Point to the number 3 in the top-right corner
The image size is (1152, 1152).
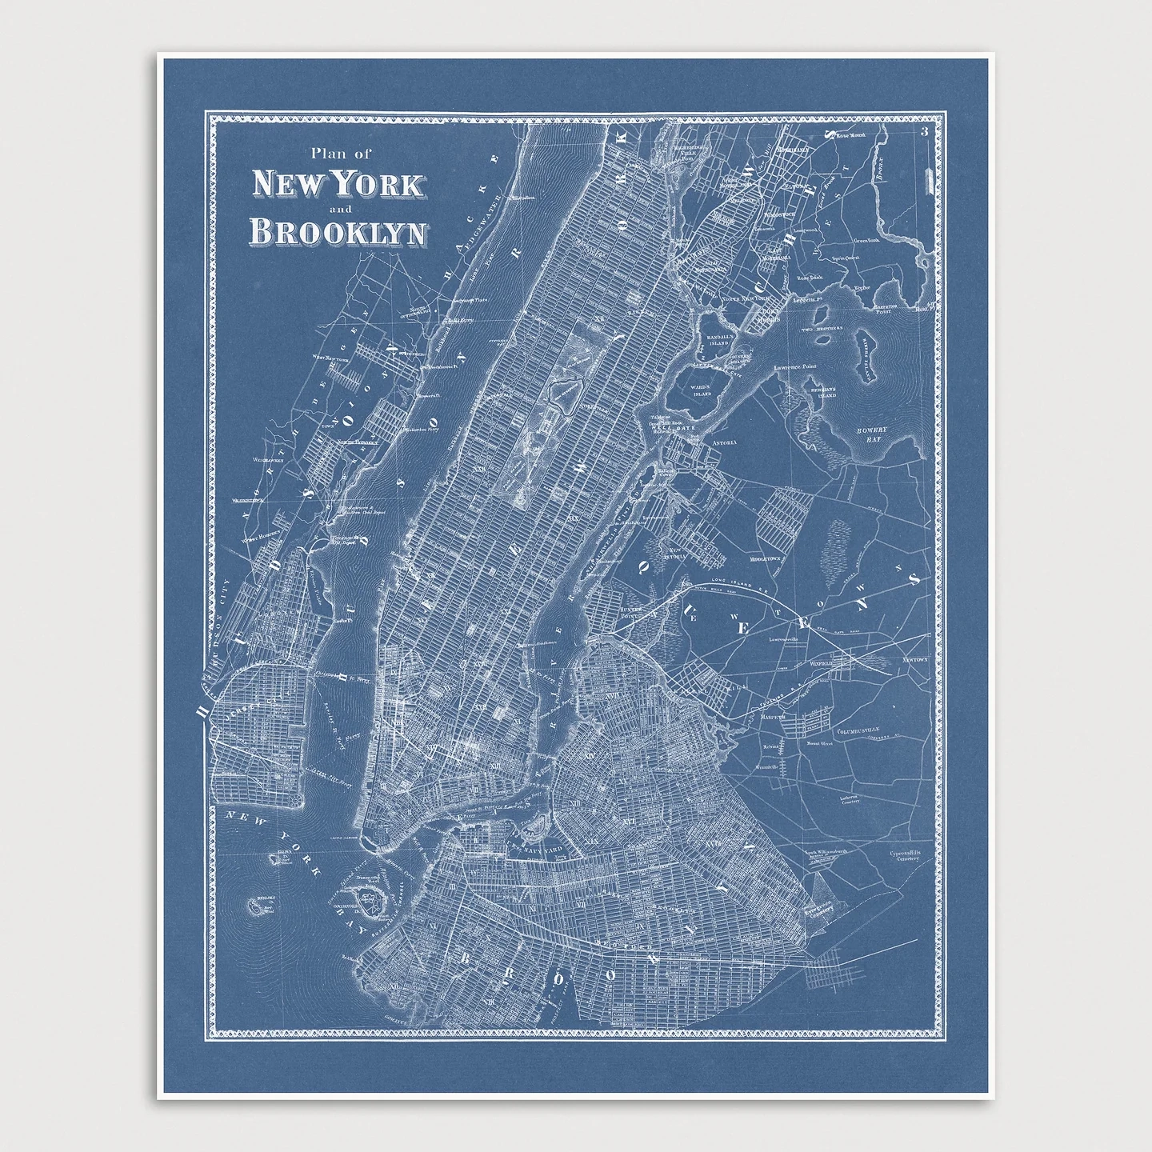[924, 132]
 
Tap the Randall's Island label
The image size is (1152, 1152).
[720, 341]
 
